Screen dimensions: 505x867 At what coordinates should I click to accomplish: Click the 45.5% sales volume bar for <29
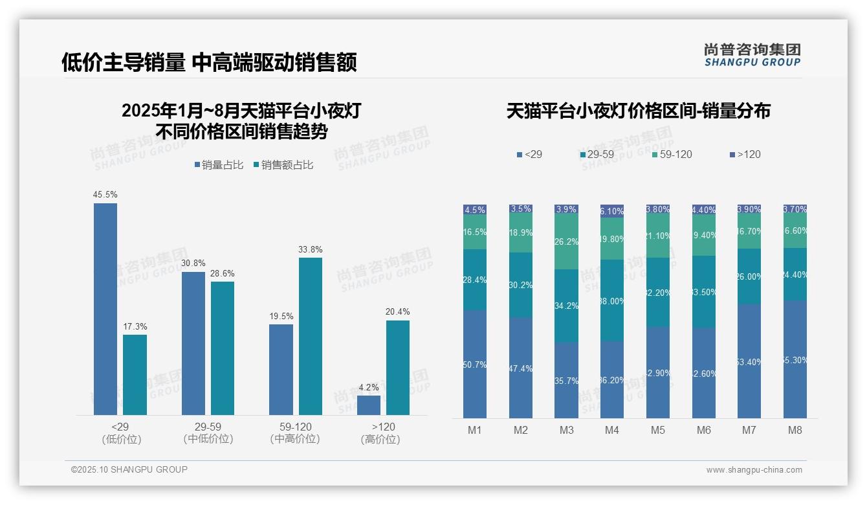click(105, 309)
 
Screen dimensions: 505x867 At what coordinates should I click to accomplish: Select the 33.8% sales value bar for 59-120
click(310, 336)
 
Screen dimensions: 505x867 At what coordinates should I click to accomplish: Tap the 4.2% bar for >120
click(368, 405)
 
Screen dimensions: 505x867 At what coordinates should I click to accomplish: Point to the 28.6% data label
click(223, 274)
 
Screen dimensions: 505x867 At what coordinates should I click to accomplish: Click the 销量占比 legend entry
click(219, 165)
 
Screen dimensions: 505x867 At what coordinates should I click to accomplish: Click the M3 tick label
click(566, 431)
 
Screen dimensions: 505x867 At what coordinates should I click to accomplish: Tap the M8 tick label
click(795, 431)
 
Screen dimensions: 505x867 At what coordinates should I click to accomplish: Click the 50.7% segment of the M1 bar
click(475, 364)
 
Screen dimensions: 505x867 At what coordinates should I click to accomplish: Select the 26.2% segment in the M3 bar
click(566, 241)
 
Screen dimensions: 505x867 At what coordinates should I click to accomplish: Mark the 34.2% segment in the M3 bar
click(566, 306)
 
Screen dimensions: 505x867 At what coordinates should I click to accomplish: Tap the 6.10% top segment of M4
click(612, 210)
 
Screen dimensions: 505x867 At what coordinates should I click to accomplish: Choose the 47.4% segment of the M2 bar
click(521, 368)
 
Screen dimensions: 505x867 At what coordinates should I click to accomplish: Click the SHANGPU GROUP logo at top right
click(752, 55)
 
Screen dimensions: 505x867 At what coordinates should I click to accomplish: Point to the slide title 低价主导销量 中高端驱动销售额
click(209, 62)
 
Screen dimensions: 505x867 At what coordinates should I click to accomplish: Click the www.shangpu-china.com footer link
click(754, 470)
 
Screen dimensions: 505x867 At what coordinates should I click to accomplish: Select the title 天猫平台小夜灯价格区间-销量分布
click(638, 111)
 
